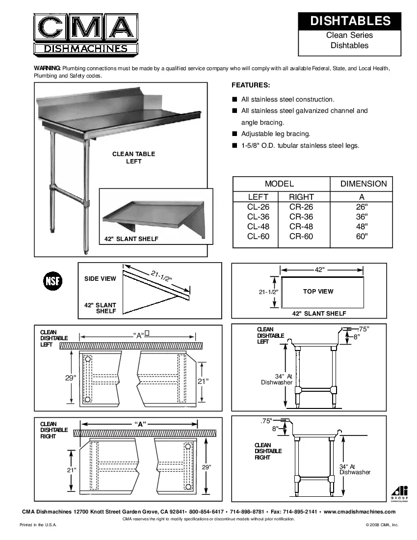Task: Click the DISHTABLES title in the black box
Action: [x=350, y=21]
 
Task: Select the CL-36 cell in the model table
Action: [x=259, y=216]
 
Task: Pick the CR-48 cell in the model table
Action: [x=301, y=226]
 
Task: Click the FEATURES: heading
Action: [x=251, y=84]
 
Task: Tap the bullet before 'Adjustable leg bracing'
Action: [x=235, y=134]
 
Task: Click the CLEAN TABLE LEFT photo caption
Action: [x=133, y=158]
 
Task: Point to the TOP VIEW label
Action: [x=318, y=291]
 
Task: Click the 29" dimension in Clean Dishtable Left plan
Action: [x=71, y=378]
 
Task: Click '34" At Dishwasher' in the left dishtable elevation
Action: [x=277, y=379]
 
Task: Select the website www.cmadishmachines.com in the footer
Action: [x=360, y=512]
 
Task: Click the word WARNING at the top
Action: [x=47, y=68]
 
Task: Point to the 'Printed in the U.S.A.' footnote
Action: [x=38, y=525]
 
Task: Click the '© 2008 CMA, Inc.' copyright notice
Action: [x=382, y=525]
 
